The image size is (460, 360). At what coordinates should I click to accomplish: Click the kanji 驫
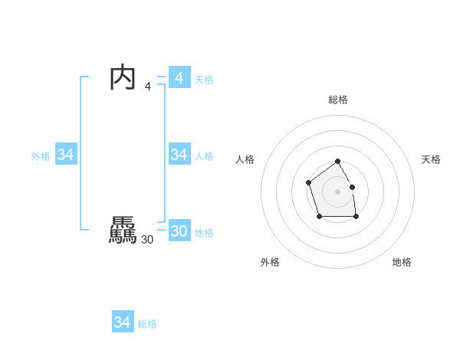(123, 231)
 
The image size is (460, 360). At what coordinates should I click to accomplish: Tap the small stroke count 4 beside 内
(148, 87)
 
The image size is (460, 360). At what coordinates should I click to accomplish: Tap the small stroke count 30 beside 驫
(147, 240)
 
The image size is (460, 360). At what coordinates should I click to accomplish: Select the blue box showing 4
(179, 77)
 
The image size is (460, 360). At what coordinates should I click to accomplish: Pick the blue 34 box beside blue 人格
(179, 155)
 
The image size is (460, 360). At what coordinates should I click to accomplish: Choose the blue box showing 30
(179, 231)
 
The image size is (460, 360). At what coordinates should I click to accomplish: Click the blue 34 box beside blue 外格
(66, 155)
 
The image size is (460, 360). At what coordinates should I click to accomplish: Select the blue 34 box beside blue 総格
(123, 322)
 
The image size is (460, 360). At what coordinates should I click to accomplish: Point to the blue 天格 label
(204, 80)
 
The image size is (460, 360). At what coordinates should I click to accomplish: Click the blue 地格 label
(204, 233)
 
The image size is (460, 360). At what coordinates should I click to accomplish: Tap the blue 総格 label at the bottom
(147, 324)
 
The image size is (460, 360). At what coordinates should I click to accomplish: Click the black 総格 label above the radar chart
(337, 100)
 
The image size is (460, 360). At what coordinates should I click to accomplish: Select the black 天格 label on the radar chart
(431, 159)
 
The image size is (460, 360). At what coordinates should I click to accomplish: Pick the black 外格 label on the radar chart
(270, 262)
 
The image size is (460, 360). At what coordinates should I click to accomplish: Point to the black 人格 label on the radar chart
(245, 159)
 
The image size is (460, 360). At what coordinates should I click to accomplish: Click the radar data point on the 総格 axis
(337, 162)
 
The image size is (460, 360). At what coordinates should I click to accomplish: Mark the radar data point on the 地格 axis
(356, 217)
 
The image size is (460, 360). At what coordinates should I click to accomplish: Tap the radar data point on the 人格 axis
(308, 182)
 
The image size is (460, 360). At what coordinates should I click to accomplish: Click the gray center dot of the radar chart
(337, 191)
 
